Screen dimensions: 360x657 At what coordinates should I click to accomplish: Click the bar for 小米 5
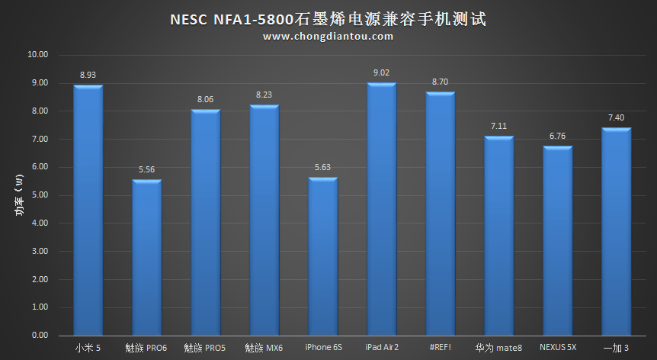click(x=88, y=210)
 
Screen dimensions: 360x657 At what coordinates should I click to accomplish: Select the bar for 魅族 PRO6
click(x=146, y=257)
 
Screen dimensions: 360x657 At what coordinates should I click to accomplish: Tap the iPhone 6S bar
click(x=322, y=256)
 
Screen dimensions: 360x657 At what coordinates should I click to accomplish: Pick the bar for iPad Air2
click(x=381, y=208)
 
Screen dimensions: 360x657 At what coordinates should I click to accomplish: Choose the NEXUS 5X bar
click(x=557, y=240)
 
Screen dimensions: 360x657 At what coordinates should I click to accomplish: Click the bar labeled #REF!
click(x=440, y=214)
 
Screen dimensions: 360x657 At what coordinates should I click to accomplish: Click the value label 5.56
click(x=146, y=170)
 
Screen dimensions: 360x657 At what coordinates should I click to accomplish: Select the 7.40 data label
click(x=616, y=118)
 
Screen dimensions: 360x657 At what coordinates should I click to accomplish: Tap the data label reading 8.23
click(x=264, y=95)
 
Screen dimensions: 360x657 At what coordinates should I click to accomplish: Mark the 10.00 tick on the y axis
click(x=37, y=55)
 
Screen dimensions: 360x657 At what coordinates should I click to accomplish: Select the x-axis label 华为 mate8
click(x=498, y=348)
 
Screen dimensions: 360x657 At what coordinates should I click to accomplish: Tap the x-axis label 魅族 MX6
click(x=264, y=348)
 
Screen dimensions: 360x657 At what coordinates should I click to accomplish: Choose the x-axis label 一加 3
click(x=616, y=348)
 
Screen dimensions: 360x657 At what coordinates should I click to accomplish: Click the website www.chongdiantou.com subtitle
click(x=328, y=36)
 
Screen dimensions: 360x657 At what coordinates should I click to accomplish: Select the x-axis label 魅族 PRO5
click(x=205, y=348)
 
